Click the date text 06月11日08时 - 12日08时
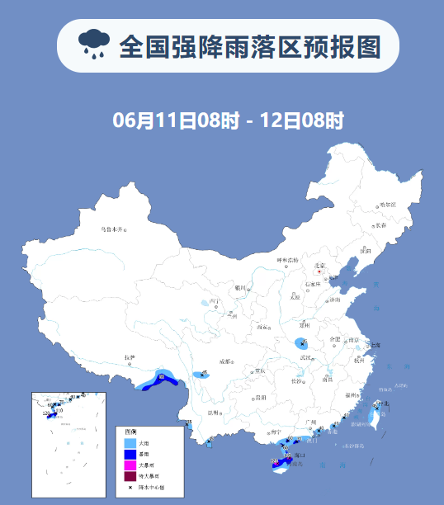[x=228, y=120]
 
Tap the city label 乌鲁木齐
[x=111, y=229]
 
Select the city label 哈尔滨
[x=387, y=204]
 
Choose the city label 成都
[x=226, y=361]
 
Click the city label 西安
[x=263, y=328]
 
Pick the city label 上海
[x=375, y=344]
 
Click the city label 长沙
[x=296, y=380]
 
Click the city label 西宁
[x=215, y=302]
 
